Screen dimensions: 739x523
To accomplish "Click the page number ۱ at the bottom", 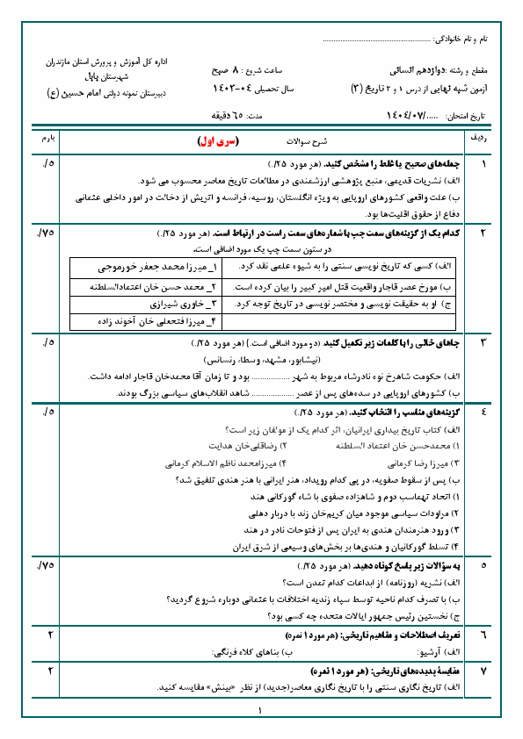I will (261, 711).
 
